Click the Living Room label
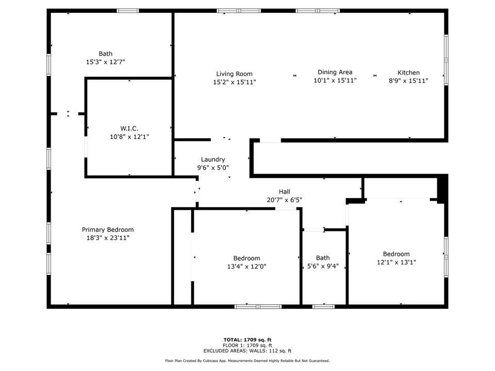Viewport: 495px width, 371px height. click(x=234, y=74)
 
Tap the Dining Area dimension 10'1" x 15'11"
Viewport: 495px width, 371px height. click(x=335, y=80)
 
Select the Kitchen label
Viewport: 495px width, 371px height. click(x=408, y=73)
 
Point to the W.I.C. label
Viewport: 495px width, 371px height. click(x=129, y=128)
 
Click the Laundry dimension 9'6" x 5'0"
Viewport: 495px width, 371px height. click(x=213, y=168)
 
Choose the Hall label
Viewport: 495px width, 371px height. click(x=285, y=192)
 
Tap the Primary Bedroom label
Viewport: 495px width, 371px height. click(x=108, y=230)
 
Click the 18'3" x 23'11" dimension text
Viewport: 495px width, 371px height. click(x=108, y=238)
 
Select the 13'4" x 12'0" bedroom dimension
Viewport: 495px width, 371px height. click(x=246, y=266)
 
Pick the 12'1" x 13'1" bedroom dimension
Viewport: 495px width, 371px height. click(x=397, y=262)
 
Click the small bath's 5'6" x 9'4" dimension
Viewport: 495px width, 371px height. click(x=323, y=266)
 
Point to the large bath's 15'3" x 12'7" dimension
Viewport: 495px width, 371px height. click(x=105, y=62)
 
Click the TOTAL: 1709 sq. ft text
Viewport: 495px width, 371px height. click(x=247, y=340)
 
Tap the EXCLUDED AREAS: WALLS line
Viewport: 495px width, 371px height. click(x=247, y=351)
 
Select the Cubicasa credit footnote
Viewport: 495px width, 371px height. click(x=247, y=361)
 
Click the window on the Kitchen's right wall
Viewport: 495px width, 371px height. click(x=446, y=60)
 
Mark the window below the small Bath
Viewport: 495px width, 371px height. click(x=323, y=306)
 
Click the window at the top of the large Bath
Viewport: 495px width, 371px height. click(x=127, y=11)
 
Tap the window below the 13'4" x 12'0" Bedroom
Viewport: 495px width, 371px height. click(x=258, y=306)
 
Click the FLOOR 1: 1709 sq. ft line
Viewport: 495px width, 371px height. click(x=247, y=345)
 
